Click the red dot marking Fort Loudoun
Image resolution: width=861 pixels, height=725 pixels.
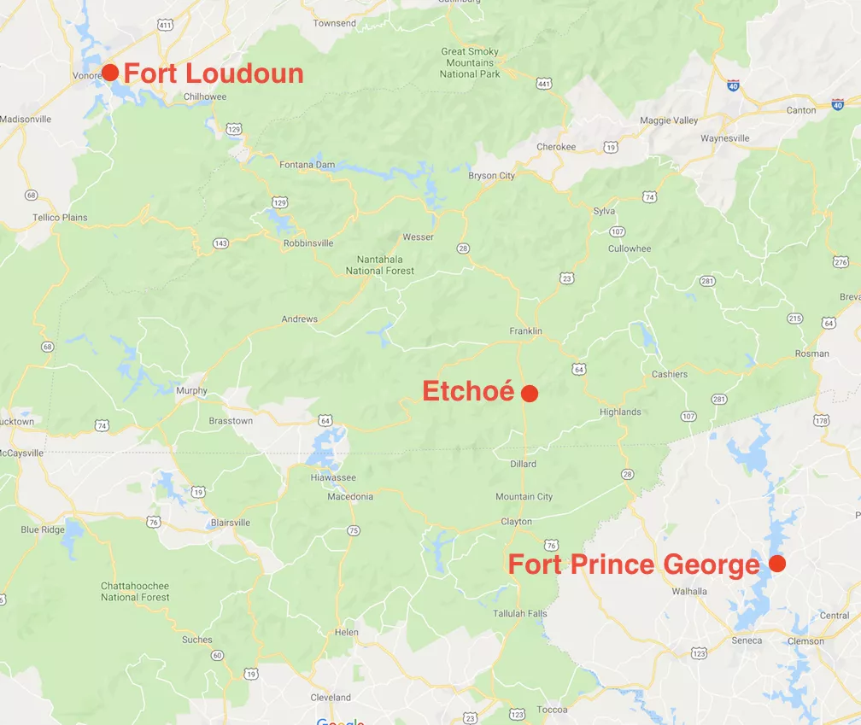[110, 73]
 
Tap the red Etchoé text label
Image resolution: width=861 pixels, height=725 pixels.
[468, 392]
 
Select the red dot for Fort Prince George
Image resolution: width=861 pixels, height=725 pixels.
[776, 564]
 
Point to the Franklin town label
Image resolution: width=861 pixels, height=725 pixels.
[525, 331]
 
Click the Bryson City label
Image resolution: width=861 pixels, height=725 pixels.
[491, 176]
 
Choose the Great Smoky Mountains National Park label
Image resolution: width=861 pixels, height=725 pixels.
[471, 63]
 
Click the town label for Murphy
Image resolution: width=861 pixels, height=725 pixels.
[191, 391]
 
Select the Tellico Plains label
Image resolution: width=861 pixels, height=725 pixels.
[60, 218]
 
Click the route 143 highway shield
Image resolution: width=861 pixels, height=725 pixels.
[221, 243]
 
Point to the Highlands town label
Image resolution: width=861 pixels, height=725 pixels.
[620, 412]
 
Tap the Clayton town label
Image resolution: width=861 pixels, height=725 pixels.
[516, 522]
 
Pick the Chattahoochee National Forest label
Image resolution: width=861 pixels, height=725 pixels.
[135, 592]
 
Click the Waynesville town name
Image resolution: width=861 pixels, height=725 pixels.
[724, 138]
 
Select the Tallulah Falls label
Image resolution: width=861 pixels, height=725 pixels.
[519, 614]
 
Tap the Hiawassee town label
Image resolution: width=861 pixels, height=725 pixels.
[333, 477]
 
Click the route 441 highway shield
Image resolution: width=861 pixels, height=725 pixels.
[544, 84]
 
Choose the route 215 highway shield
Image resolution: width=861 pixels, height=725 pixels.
[794, 319]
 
